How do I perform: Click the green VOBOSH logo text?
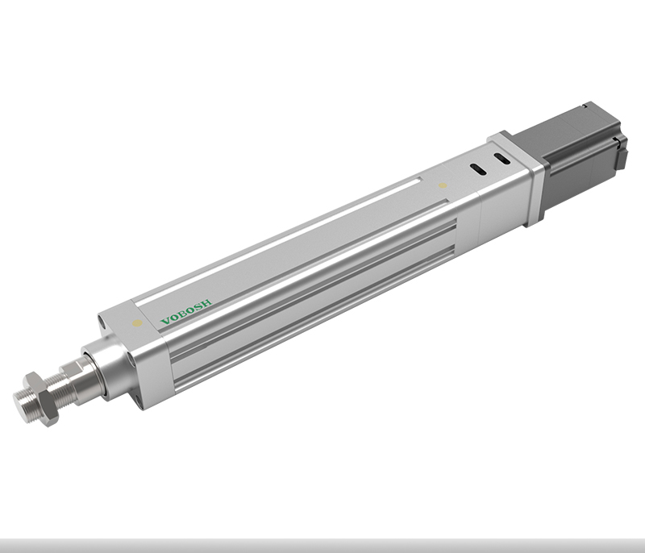coord(186,311)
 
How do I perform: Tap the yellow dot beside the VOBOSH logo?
coord(137,323)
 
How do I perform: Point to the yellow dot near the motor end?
coord(442,186)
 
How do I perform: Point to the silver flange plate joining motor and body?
coord(516,177)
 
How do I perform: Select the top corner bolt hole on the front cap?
coord(104,322)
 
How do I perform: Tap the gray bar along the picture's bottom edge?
coord(322,545)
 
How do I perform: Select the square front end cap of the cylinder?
coord(133,355)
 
